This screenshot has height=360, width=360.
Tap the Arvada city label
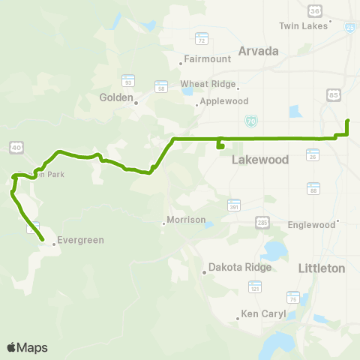click(258, 51)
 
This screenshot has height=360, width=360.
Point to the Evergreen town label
click(79, 241)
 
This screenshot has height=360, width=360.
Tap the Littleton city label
click(321, 268)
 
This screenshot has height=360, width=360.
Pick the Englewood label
click(310, 224)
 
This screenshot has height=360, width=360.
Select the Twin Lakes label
click(299, 26)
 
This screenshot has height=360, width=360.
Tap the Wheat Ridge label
click(207, 84)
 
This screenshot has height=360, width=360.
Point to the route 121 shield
click(255, 287)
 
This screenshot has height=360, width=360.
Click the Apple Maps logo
click(26, 347)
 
